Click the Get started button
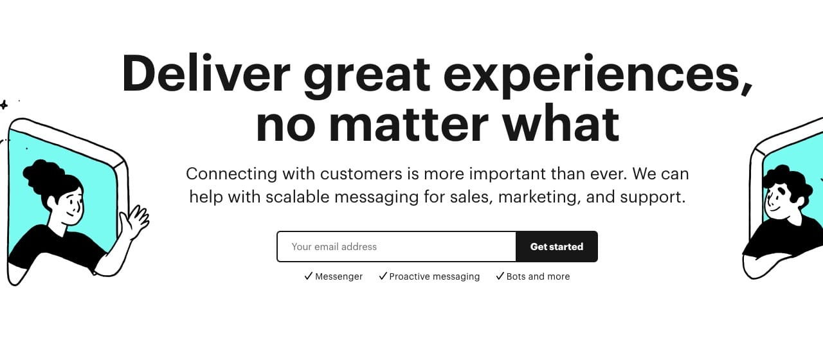[557, 246]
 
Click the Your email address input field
[397, 246]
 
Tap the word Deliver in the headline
[206, 73]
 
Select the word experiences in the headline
[599, 76]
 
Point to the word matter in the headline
[408, 123]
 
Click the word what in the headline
[561, 122]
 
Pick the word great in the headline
[367, 77]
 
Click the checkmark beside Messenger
[309, 276]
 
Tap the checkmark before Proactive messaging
[383, 276]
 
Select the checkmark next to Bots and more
[500, 276]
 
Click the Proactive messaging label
[434, 276]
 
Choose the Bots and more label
[538, 276]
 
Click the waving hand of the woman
[135, 221]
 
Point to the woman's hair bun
[41, 176]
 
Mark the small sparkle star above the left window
[4, 105]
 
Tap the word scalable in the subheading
[298, 197]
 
